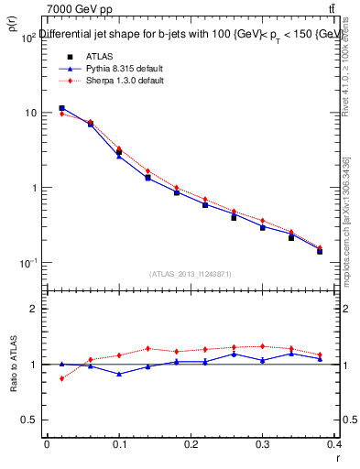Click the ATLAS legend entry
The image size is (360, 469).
click(x=100, y=56)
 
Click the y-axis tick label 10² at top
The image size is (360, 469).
click(x=27, y=38)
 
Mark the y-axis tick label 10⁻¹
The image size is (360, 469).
click(x=27, y=264)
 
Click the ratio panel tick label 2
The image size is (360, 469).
click(x=33, y=310)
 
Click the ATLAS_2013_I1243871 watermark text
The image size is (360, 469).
click(x=191, y=274)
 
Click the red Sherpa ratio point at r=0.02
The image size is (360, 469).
click(x=61, y=378)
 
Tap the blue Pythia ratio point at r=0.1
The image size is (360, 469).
click(x=119, y=374)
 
